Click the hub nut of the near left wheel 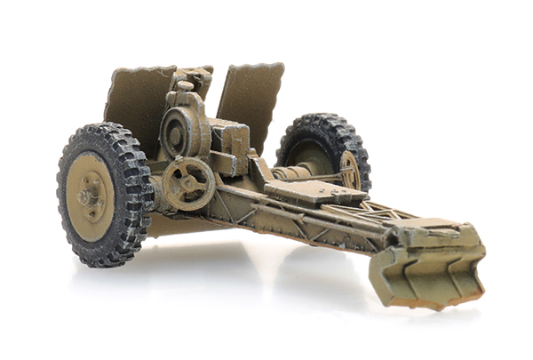[89, 196]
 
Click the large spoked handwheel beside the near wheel [188, 183]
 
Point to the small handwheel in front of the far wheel [350, 171]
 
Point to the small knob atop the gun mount [185, 86]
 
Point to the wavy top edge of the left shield [142, 72]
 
